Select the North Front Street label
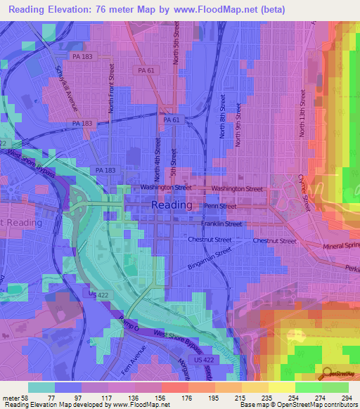(x=111, y=88)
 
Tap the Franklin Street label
(x=221, y=224)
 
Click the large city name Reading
(x=171, y=204)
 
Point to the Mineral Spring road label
(x=342, y=247)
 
